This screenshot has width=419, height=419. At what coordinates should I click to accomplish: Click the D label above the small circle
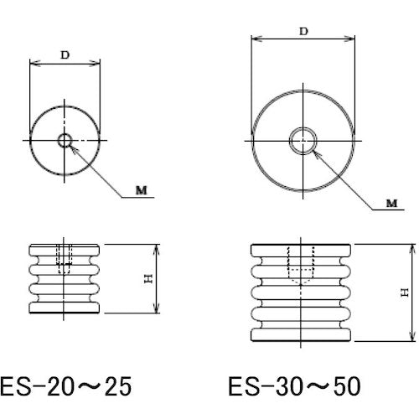[65, 54]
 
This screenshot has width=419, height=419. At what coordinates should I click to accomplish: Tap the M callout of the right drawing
[391, 203]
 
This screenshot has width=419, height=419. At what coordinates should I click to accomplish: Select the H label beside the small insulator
[147, 280]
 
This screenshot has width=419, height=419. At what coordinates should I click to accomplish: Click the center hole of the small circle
[65, 140]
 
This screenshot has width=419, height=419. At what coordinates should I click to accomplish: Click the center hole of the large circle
[303, 142]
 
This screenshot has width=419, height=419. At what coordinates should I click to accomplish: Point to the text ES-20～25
[67, 386]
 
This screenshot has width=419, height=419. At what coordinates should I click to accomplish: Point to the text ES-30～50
[293, 386]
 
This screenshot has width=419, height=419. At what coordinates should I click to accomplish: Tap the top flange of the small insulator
[65, 249]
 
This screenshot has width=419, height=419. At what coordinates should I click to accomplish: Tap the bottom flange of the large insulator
[303, 335]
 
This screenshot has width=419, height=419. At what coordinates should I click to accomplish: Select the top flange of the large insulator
[303, 250]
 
